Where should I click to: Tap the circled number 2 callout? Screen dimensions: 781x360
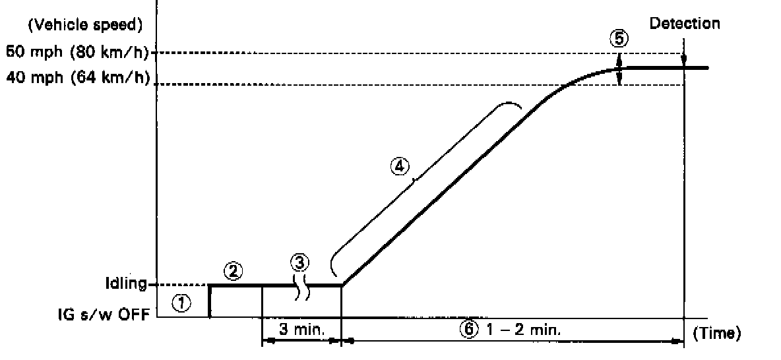231,270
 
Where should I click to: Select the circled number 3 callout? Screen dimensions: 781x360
299,262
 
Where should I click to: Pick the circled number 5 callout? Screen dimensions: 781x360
619,39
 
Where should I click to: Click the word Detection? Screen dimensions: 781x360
685,24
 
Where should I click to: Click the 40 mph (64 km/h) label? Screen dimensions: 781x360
77,80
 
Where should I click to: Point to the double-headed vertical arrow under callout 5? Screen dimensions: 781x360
619,69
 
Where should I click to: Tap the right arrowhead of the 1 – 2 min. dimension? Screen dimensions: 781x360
678,340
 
